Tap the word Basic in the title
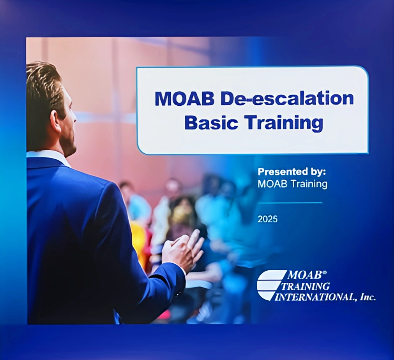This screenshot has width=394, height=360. point(211,122)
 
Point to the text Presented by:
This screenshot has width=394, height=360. point(292,172)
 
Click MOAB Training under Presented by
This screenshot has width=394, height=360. point(293,184)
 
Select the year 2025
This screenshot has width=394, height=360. point(268,219)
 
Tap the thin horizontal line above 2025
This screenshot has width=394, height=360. point(290,203)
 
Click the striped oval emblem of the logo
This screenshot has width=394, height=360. point(271,285)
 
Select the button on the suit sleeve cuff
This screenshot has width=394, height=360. point(178,293)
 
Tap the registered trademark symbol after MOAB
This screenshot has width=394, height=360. point(324,272)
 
